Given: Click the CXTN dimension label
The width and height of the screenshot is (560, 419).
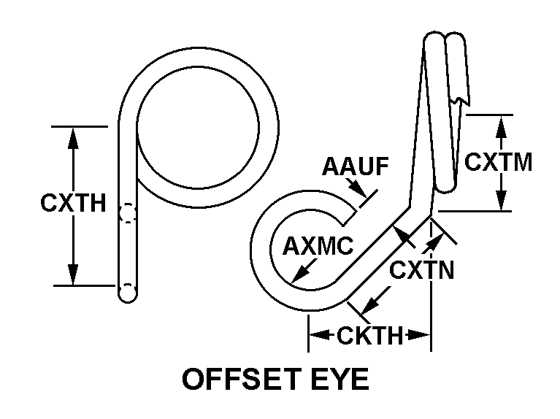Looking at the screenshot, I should pos(422,270).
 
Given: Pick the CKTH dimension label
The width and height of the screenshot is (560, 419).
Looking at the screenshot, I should pos(369,337).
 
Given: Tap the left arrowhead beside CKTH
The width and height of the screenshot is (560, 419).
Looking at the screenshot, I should pos(317,336).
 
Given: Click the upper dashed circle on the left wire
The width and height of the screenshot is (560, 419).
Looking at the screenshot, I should pos(127,213).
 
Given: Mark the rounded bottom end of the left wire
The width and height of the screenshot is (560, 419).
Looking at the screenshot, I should pos(127,294).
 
